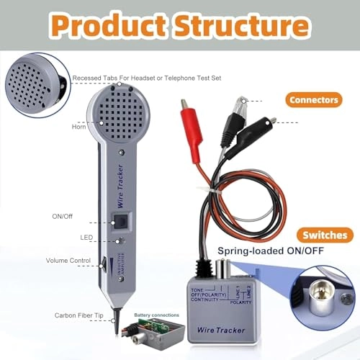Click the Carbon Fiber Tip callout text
point(79,315)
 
